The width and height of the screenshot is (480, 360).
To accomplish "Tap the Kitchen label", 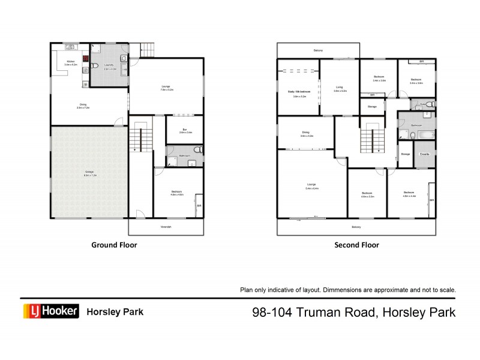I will click(70, 62).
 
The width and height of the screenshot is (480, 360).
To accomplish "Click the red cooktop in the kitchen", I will click(86, 59).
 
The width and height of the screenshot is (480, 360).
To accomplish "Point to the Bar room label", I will click(185, 130).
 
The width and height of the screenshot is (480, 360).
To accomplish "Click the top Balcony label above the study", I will click(317, 50).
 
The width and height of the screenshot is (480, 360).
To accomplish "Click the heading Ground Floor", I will click(114, 245).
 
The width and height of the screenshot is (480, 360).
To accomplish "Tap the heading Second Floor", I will click(356, 245).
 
